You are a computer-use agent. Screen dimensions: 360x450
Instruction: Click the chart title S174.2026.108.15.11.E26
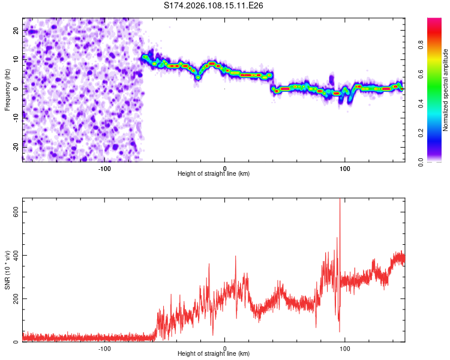214,6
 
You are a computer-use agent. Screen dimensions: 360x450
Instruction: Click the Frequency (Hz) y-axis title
7,90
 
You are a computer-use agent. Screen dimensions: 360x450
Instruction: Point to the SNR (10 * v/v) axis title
7,269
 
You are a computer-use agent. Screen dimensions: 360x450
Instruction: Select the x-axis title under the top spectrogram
214,173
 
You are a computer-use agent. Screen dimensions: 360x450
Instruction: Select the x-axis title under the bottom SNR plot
214,353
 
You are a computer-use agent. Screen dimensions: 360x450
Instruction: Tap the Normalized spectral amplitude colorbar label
445,90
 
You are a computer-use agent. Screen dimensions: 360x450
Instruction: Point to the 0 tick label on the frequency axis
16,88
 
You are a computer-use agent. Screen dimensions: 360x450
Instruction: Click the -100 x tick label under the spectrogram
104,167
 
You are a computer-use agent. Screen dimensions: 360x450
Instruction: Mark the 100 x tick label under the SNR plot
345,347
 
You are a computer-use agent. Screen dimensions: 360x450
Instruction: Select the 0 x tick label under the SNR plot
225,347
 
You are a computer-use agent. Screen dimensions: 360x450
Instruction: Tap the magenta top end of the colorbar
434,21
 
